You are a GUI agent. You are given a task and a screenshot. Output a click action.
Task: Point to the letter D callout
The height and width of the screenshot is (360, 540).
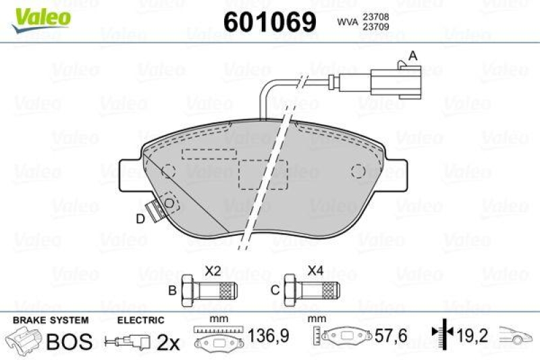(x=140, y=218)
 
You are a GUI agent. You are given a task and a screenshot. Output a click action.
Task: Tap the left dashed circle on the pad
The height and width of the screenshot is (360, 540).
(x=168, y=171)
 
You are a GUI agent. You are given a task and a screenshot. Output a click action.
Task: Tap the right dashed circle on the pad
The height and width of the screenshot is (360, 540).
(x=359, y=172)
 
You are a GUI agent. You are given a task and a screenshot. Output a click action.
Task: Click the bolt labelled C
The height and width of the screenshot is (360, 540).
(x=309, y=292)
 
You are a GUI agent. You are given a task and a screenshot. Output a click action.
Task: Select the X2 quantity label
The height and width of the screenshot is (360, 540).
(x=213, y=271)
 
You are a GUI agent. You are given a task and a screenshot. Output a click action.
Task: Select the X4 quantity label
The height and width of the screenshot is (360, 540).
(x=315, y=271)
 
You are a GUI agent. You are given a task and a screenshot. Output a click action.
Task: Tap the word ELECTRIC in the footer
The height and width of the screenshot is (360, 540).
(x=140, y=319)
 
